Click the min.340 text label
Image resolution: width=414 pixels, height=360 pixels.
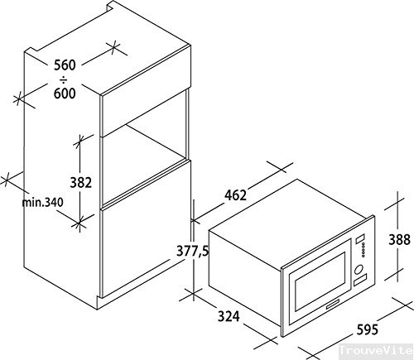[45, 201]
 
